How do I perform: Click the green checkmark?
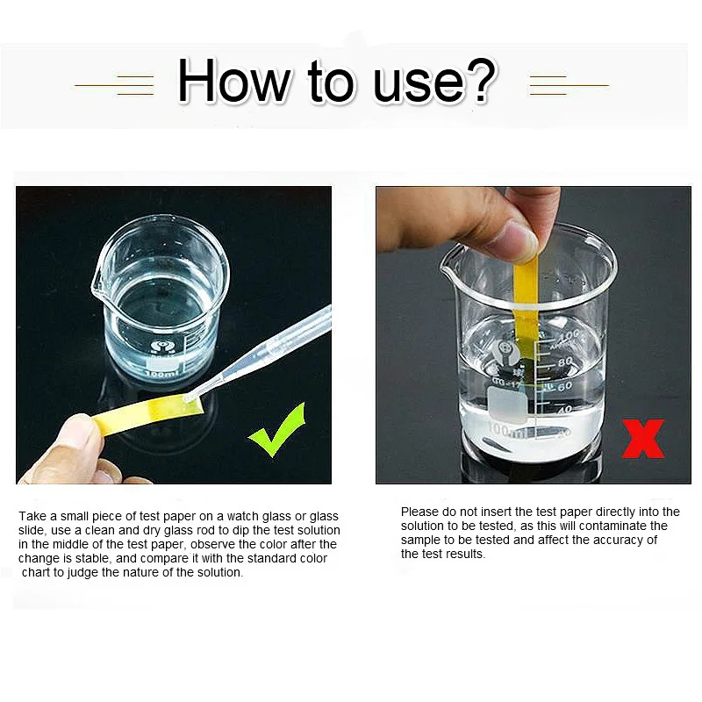276,429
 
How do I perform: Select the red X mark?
643,438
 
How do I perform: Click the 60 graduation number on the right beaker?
564,386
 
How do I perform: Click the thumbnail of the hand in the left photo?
79,431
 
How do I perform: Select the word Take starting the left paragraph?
32,517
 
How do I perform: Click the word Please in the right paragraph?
420,512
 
